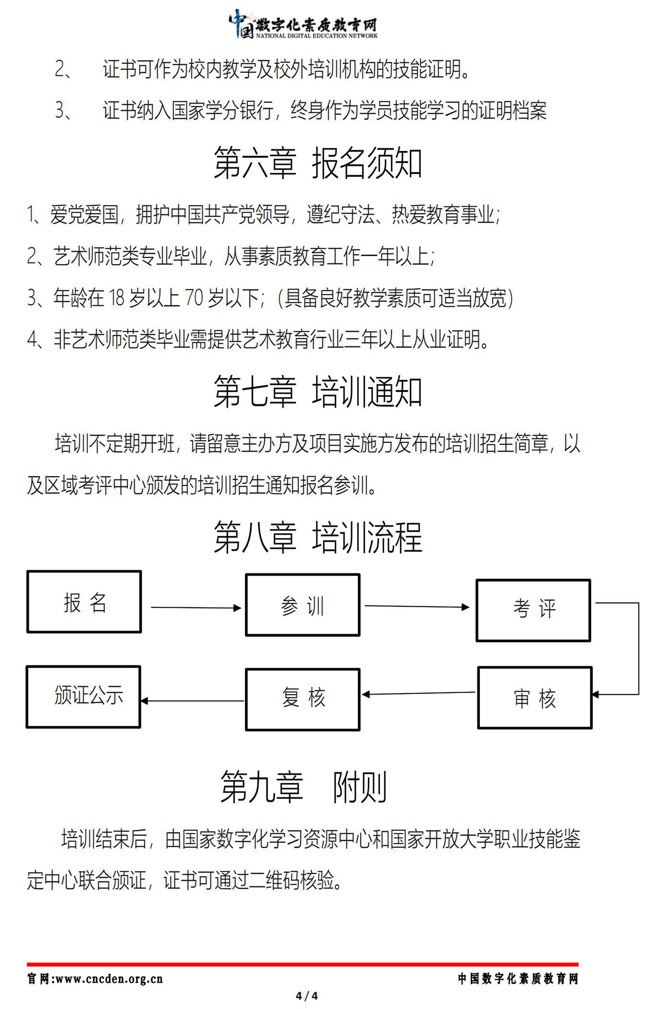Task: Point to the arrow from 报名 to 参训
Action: point(196,608)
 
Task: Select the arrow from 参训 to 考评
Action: point(417,606)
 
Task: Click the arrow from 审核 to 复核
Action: point(418,693)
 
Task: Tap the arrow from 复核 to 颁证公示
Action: point(192,701)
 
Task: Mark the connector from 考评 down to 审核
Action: point(638,648)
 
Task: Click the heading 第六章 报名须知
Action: point(317,163)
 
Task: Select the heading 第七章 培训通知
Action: point(317,392)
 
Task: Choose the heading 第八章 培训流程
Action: point(317,537)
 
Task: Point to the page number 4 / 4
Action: point(307,996)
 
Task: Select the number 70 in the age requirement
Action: point(194,298)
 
